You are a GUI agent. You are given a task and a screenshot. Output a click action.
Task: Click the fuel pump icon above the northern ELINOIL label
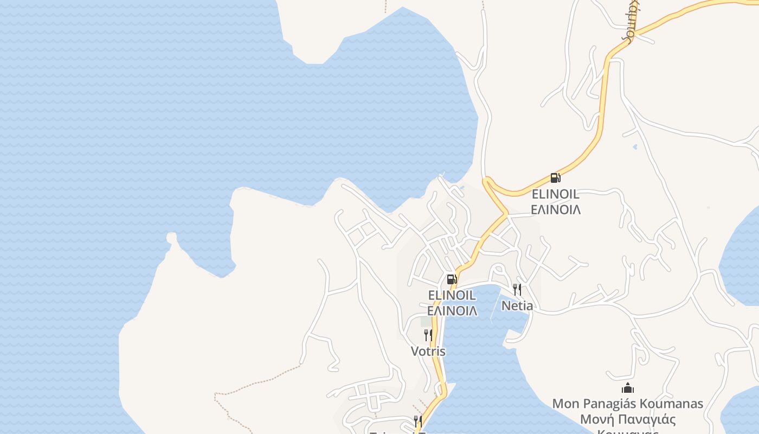(555, 177)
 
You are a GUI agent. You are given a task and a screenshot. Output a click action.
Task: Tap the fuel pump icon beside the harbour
(452, 279)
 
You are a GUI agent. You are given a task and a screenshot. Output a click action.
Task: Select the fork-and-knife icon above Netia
(517, 290)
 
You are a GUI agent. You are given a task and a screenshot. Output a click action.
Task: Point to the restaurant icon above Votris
(428, 335)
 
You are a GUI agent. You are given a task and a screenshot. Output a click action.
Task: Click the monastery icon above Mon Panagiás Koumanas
(628, 388)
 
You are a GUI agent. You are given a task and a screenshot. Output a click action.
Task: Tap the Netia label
(517, 305)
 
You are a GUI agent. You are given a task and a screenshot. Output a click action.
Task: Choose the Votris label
(428, 351)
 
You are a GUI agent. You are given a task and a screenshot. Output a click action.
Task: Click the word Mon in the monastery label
(564, 404)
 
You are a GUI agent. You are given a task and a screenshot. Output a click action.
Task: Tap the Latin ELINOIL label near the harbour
(452, 295)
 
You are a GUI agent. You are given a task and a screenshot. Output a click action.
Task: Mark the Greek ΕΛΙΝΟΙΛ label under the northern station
(555, 209)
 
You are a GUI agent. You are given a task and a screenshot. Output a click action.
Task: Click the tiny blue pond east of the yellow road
(634, 146)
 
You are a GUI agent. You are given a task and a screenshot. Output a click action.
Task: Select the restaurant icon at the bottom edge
(417, 422)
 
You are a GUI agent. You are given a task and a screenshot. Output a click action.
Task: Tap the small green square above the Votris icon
(426, 321)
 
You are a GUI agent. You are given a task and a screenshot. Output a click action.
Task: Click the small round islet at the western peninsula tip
(171, 238)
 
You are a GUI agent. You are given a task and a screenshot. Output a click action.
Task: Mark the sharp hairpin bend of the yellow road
(486, 181)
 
